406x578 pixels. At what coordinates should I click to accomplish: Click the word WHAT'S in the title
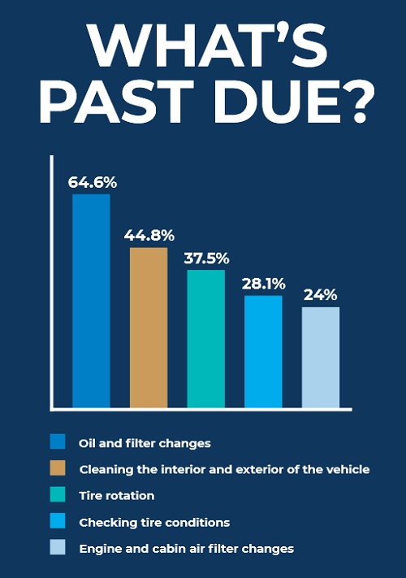click(207, 46)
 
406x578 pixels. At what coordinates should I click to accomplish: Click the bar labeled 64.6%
click(91, 301)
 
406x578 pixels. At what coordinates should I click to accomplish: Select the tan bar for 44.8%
click(149, 328)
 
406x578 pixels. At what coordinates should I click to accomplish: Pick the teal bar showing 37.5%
click(205, 339)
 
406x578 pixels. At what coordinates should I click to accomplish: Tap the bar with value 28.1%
click(263, 352)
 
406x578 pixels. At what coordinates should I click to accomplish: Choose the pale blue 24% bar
click(321, 358)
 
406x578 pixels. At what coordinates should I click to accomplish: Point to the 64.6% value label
click(93, 182)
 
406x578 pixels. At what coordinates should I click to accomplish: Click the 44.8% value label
click(149, 235)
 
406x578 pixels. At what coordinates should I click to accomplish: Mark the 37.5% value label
click(206, 259)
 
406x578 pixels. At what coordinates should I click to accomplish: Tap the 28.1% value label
click(264, 284)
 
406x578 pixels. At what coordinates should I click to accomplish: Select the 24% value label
click(320, 295)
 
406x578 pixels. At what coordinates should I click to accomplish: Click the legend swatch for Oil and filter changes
click(58, 441)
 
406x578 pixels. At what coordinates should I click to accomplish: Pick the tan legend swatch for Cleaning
click(58, 467)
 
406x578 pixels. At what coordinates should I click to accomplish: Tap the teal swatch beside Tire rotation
click(58, 494)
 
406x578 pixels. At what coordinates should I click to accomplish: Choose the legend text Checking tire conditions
click(154, 523)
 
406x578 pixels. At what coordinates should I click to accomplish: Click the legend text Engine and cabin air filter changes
click(187, 549)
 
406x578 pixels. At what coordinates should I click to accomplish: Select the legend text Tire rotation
click(117, 495)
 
